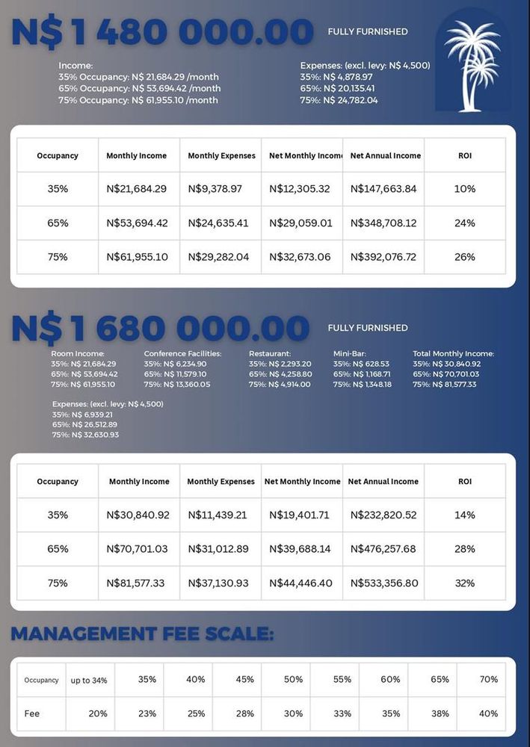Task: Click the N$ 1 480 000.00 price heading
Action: (x=162, y=32)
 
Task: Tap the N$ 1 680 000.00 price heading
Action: (x=160, y=328)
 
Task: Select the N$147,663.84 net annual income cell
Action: (x=383, y=189)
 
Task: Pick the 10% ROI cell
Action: (x=464, y=189)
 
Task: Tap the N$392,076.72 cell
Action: (x=383, y=257)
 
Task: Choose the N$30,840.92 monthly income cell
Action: (x=138, y=515)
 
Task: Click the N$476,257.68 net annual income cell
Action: (x=382, y=549)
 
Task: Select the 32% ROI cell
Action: (x=464, y=583)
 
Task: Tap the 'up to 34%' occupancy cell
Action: (x=89, y=681)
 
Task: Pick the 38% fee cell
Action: (x=440, y=713)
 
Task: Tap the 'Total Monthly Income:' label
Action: (x=453, y=353)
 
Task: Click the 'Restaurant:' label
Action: (x=270, y=353)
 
